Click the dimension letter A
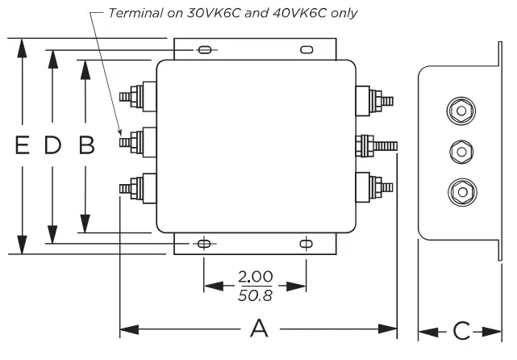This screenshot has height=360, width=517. (258, 329)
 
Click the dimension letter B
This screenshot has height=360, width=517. (85, 145)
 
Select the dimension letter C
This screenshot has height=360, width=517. (461, 331)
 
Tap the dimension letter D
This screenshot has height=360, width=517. (52, 145)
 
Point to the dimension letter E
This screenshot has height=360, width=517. (23, 145)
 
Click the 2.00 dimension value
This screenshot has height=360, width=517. (255, 277)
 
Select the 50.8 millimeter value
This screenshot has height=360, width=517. (255, 295)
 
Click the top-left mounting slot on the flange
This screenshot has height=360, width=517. (205, 50)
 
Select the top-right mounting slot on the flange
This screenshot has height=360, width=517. (306, 50)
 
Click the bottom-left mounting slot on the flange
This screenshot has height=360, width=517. (205, 243)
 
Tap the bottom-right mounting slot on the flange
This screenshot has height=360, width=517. (306, 243)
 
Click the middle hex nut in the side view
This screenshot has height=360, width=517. (460, 150)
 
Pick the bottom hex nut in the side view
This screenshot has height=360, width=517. (460, 191)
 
